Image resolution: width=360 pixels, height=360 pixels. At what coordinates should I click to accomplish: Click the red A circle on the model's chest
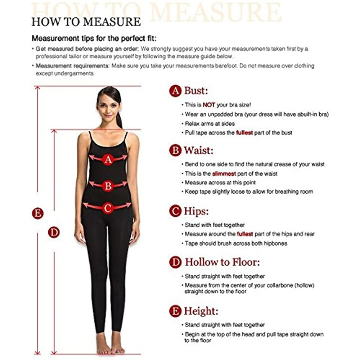tap(108, 159)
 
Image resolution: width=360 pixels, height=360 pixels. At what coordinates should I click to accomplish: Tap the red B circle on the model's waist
tap(108, 186)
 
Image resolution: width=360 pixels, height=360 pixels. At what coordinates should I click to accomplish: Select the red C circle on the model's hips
tap(107, 208)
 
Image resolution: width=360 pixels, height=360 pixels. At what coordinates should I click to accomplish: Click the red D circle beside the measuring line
tap(54, 232)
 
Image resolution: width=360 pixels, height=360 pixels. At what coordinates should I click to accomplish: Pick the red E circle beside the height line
tap(38, 213)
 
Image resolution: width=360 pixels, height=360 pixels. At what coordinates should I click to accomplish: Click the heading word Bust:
tap(196, 91)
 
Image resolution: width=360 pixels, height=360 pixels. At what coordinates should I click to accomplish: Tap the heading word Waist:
tap(199, 150)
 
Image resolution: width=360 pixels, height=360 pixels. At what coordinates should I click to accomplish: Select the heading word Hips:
tap(196, 211)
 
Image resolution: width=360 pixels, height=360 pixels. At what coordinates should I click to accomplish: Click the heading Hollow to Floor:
tap(222, 262)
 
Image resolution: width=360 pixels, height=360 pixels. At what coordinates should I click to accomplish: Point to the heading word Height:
tap(201, 311)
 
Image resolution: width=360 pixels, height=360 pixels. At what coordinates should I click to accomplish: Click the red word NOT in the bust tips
tap(209, 105)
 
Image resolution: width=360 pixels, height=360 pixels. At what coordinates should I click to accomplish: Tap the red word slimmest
tap(224, 174)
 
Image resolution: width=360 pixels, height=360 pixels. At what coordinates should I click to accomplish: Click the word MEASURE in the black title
tap(112, 22)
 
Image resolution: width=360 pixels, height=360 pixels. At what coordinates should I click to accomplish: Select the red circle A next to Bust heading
tap(175, 91)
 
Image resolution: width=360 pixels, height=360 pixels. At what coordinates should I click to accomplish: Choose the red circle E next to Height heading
tap(175, 311)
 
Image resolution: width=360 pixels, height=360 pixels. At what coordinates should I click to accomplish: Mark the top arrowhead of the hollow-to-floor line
tap(54, 131)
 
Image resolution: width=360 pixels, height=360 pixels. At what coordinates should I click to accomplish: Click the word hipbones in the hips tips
tap(275, 243)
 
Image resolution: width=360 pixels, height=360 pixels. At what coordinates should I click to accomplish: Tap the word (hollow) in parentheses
tap(304, 285)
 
